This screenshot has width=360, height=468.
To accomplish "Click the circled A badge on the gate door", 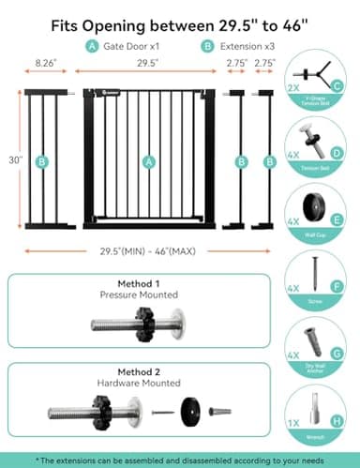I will click(146, 161).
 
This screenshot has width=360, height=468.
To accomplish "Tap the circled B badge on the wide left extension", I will click(41, 161).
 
